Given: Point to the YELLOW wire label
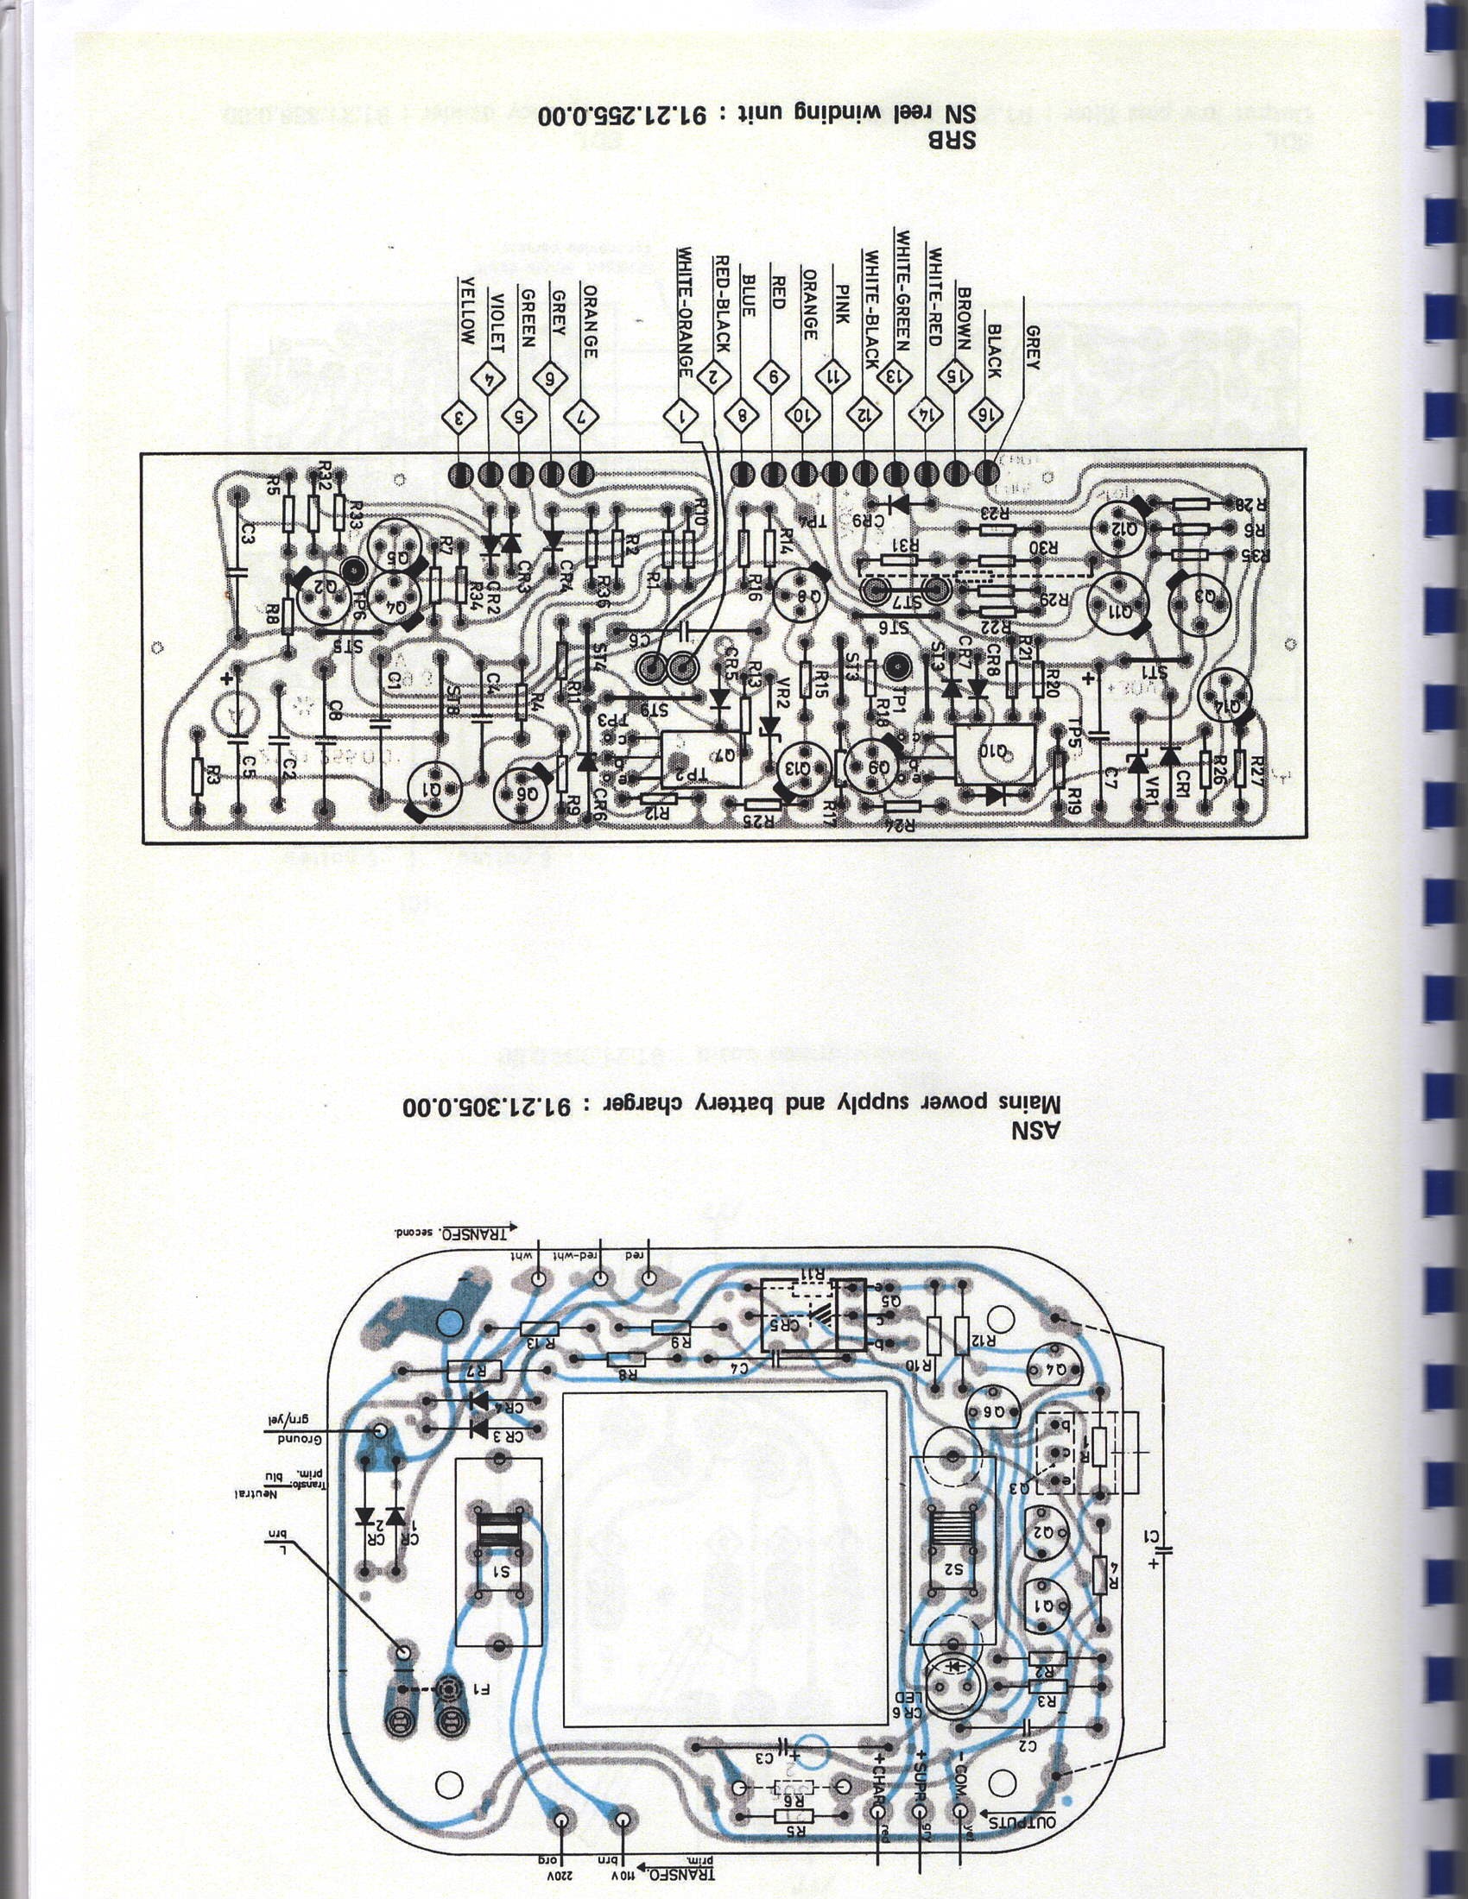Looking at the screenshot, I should [x=467, y=312].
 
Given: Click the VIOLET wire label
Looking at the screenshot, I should [x=497, y=312].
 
